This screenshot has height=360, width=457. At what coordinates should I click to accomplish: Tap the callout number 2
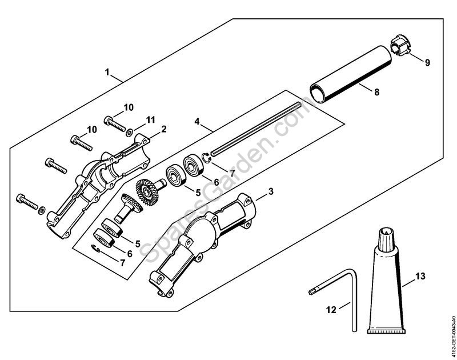tap(163, 129)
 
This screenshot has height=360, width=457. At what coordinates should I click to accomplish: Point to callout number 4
tap(197, 121)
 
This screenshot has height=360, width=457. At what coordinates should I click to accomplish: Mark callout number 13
tap(420, 276)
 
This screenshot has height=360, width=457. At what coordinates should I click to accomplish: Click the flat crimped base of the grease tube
tap(387, 330)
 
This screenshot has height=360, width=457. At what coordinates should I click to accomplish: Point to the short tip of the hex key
tap(313, 291)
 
